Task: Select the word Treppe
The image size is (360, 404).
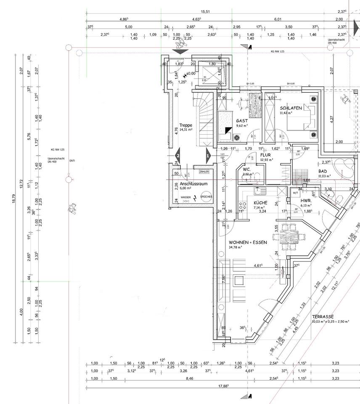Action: pos(185,125)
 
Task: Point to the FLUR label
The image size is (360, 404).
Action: pos(265,155)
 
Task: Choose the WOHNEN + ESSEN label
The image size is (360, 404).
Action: pos(248,243)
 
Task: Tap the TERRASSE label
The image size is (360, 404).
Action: pos(323,316)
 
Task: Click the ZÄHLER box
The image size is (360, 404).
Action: pos(204,172)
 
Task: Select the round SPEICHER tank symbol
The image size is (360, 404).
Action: pos(206,197)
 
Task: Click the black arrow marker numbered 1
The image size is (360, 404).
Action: pos(207,156)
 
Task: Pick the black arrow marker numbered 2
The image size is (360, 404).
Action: pos(178,156)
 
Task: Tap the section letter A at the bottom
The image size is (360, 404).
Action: pos(250,396)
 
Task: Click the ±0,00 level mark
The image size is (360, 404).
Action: pos(190,74)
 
